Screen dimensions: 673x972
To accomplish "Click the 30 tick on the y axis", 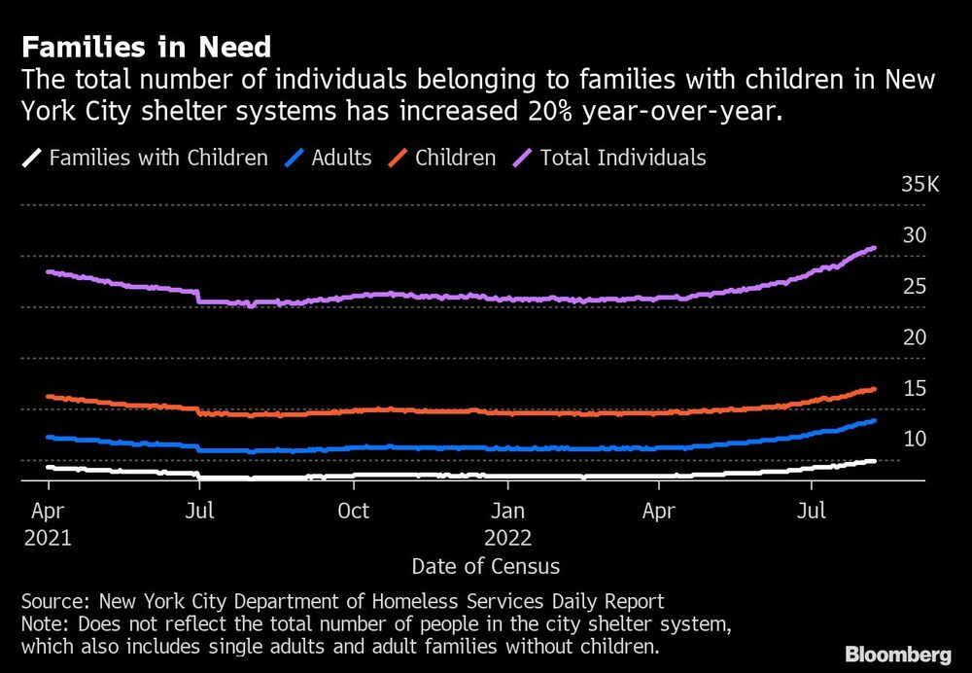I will click(x=915, y=235).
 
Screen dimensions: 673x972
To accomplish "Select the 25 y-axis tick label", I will click(x=915, y=287).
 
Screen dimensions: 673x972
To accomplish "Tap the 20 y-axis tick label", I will click(x=915, y=337).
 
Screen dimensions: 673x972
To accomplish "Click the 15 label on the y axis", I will click(x=915, y=389).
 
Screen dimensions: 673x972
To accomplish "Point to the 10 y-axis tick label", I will click(x=915, y=440).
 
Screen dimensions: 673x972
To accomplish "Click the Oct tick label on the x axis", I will click(x=353, y=511).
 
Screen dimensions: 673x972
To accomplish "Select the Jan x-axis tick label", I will click(x=507, y=511).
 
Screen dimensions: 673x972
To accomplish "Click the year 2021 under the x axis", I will click(x=48, y=537).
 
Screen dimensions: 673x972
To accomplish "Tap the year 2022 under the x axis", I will click(x=507, y=537).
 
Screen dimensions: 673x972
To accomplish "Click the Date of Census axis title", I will click(x=485, y=566).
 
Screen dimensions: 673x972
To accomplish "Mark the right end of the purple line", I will click(x=875, y=248).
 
